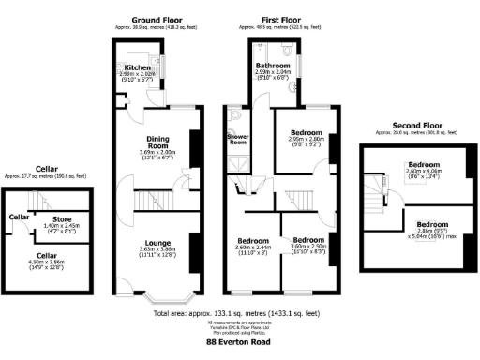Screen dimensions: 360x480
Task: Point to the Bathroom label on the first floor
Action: pyautogui.click(x=274, y=66)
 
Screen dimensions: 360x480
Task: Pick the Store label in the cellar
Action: pyautogui.click(x=49, y=218)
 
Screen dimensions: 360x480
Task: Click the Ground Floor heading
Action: pyautogui.click(x=156, y=20)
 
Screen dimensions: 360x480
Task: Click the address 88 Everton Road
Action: pyautogui.click(x=240, y=343)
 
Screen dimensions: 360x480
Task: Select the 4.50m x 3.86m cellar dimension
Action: pyautogui.click(x=49, y=265)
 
